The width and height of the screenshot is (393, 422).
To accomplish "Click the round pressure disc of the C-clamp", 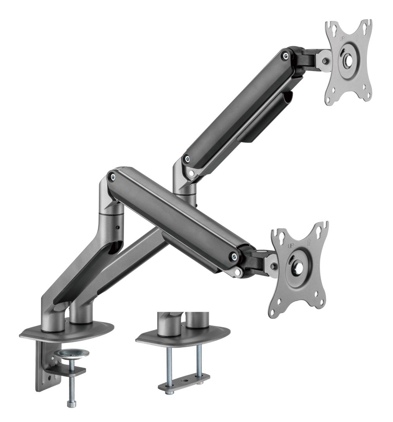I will click(72, 354).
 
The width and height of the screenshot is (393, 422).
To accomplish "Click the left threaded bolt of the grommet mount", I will click(169, 364).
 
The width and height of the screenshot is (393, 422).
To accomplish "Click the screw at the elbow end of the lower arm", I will click(113, 177).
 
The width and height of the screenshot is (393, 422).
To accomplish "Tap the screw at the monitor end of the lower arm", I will click(234, 256).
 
